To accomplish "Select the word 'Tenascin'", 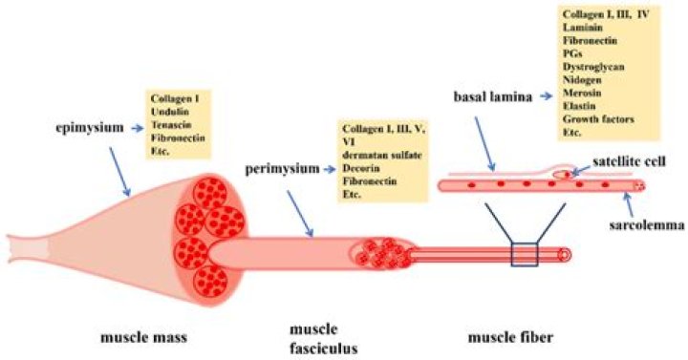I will tap(172, 125).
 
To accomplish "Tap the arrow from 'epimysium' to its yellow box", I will tap(132, 125).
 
